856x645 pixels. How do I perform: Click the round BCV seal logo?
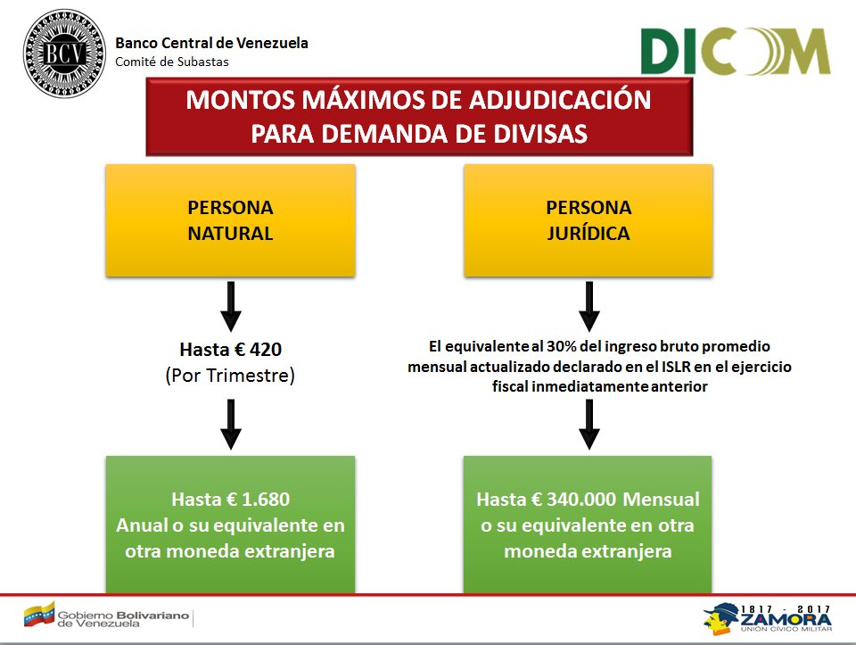[x=64, y=53]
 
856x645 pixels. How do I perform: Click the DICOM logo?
[x=736, y=52]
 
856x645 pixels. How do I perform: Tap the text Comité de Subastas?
[x=172, y=62]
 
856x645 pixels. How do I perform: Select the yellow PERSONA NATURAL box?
[x=230, y=220]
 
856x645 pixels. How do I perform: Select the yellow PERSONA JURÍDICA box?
[x=588, y=220]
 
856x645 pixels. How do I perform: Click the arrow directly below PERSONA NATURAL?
[x=231, y=306]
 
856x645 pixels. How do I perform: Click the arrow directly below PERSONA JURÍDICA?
[x=589, y=306]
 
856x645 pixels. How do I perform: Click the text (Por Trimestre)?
[x=230, y=376]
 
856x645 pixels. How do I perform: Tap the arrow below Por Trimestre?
[x=231, y=425]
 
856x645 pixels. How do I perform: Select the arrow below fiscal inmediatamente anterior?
[x=589, y=425]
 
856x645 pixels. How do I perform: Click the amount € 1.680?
[x=259, y=500]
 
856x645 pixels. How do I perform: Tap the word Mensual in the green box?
[x=661, y=500]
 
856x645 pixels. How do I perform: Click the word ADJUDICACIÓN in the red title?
[x=560, y=100]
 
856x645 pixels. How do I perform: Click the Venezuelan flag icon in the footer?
[x=39, y=615]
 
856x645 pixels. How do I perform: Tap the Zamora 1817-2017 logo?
[x=768, y=619]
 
